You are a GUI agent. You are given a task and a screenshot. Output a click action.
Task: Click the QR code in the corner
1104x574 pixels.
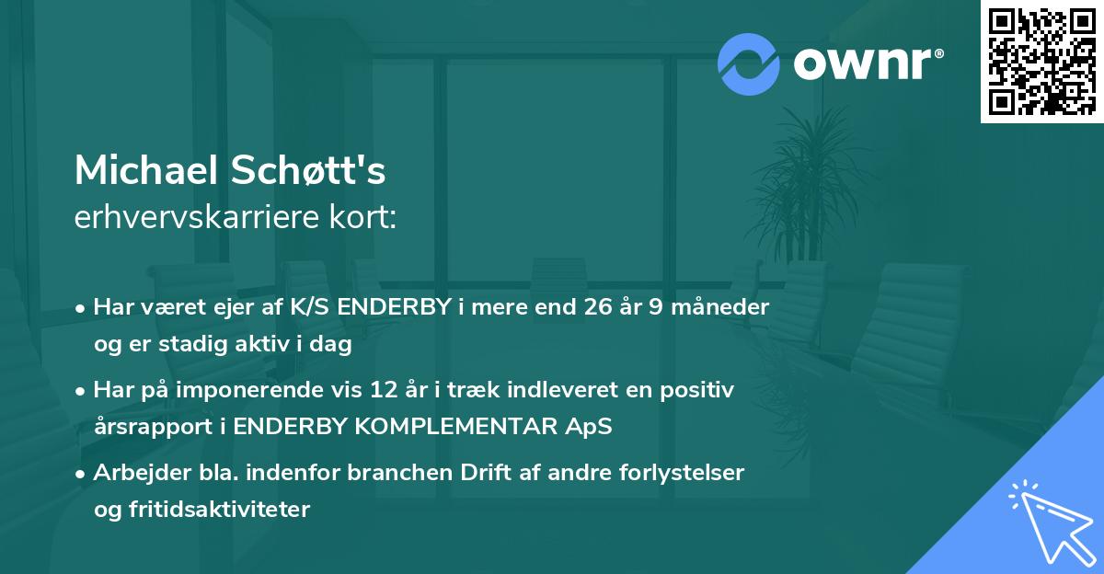1042,62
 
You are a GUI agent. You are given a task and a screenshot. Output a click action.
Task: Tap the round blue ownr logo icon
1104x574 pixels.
749,63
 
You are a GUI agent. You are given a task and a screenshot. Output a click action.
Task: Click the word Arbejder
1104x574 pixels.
135,473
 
